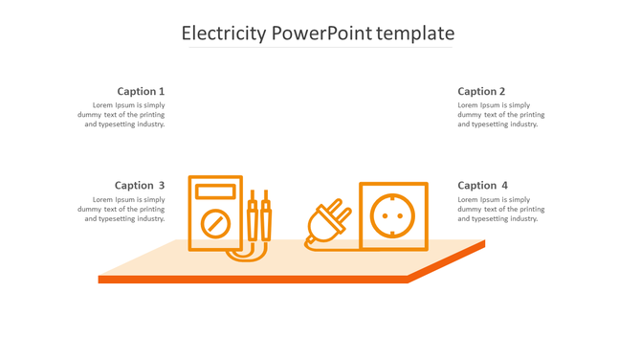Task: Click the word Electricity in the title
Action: point(224,34)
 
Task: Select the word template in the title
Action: point(415,34)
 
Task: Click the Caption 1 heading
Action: point(141,92)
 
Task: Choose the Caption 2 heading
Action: point(481,92)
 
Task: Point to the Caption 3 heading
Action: point(140,186)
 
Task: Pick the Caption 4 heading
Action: point(482,186)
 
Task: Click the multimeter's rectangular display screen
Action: point(215,191)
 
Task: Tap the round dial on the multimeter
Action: point(215,225)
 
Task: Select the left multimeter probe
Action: point(253,219)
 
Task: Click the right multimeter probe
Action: point(266,219)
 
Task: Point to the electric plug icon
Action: point(326,223)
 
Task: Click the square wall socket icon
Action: point(393,216)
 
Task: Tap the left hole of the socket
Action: point(383,215)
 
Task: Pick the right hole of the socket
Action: point(404,215)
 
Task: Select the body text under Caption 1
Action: point(122,115)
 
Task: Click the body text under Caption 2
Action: point(500,115)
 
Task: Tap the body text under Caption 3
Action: point(122,209)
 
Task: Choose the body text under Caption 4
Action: point(500,209)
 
